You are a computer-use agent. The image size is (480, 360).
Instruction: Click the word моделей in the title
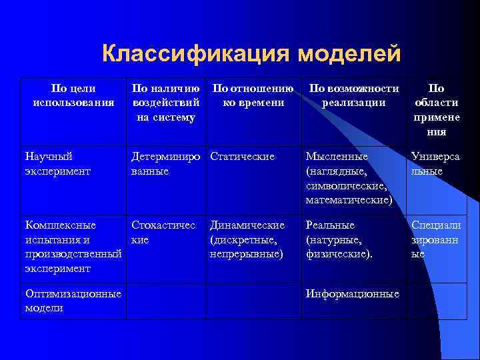349,54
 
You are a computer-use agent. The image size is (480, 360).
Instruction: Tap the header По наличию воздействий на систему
165,103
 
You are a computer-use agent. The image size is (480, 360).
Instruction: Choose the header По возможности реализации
353,95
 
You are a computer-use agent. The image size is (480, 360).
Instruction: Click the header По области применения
436,110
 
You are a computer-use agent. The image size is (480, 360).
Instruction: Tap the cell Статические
242,157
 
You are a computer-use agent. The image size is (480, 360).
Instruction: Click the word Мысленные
337,157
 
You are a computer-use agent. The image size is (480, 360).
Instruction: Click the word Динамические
247,225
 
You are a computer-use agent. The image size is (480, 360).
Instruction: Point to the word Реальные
330,225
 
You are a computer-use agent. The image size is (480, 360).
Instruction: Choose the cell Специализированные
435,239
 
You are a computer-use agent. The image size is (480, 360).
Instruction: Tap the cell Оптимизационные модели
72,301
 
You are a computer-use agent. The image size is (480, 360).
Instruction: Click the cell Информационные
352,294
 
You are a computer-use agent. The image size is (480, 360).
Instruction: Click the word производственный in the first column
72,254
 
